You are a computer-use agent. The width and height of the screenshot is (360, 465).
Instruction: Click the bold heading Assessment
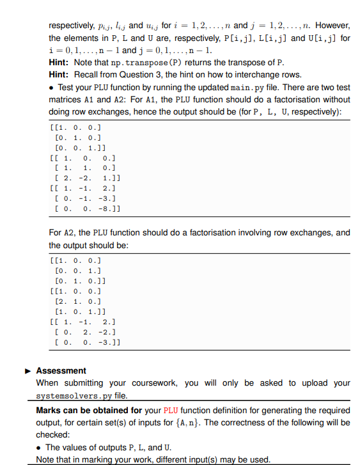pyautogui.click(x=61, y=370)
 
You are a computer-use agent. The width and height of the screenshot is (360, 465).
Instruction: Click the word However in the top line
pyautogui.click(x=334, y=25)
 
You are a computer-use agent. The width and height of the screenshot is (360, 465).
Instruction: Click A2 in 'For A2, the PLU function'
pyautogui.click(x=70, y=233)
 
